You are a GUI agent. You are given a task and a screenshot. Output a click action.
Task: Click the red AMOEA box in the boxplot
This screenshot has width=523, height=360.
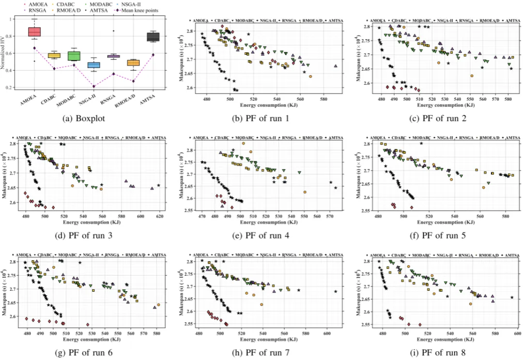tap(34, 31)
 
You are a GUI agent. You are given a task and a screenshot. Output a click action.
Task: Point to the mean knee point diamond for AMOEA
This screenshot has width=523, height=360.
tap(34, 48)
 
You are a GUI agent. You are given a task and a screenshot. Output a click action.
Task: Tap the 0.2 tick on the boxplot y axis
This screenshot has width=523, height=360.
tap(11, 88)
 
